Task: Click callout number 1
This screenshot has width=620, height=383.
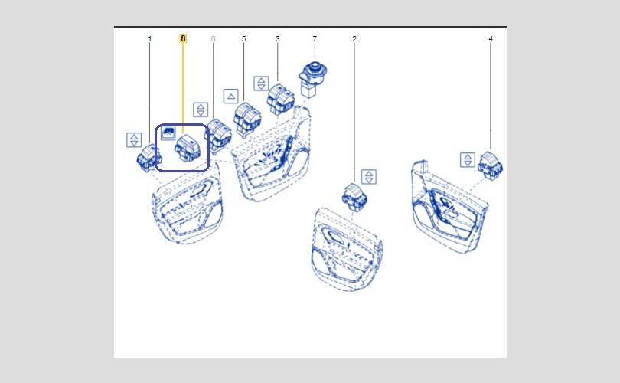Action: point(149,39)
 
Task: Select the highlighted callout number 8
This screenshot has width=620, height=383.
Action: point(183,38)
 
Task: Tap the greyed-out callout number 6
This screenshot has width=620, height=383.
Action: point(213,39)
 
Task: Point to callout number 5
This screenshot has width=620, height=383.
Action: point(243,39)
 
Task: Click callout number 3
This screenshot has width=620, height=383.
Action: point(277,39)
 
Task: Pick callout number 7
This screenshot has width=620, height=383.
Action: point(315,39)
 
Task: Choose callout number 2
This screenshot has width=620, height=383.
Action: point(354,39)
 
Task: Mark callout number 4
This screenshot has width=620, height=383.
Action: point(491,39)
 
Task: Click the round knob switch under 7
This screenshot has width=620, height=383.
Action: point(313,78)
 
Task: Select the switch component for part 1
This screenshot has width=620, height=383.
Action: point(148,158)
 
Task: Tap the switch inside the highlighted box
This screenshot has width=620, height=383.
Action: point(188,148)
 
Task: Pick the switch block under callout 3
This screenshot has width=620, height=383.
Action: point(281,99)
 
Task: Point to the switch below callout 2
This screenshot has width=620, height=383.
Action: point(354,196)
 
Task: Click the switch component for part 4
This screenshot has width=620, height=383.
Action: point(491,165)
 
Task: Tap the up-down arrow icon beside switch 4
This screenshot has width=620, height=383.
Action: point(468,160)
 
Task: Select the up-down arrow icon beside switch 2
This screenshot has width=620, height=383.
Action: point(368,177)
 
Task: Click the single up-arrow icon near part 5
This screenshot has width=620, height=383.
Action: point(231,97)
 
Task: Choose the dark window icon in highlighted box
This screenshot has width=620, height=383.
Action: point(168,133)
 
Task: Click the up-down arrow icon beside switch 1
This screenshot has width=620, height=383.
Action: point(134,140)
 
